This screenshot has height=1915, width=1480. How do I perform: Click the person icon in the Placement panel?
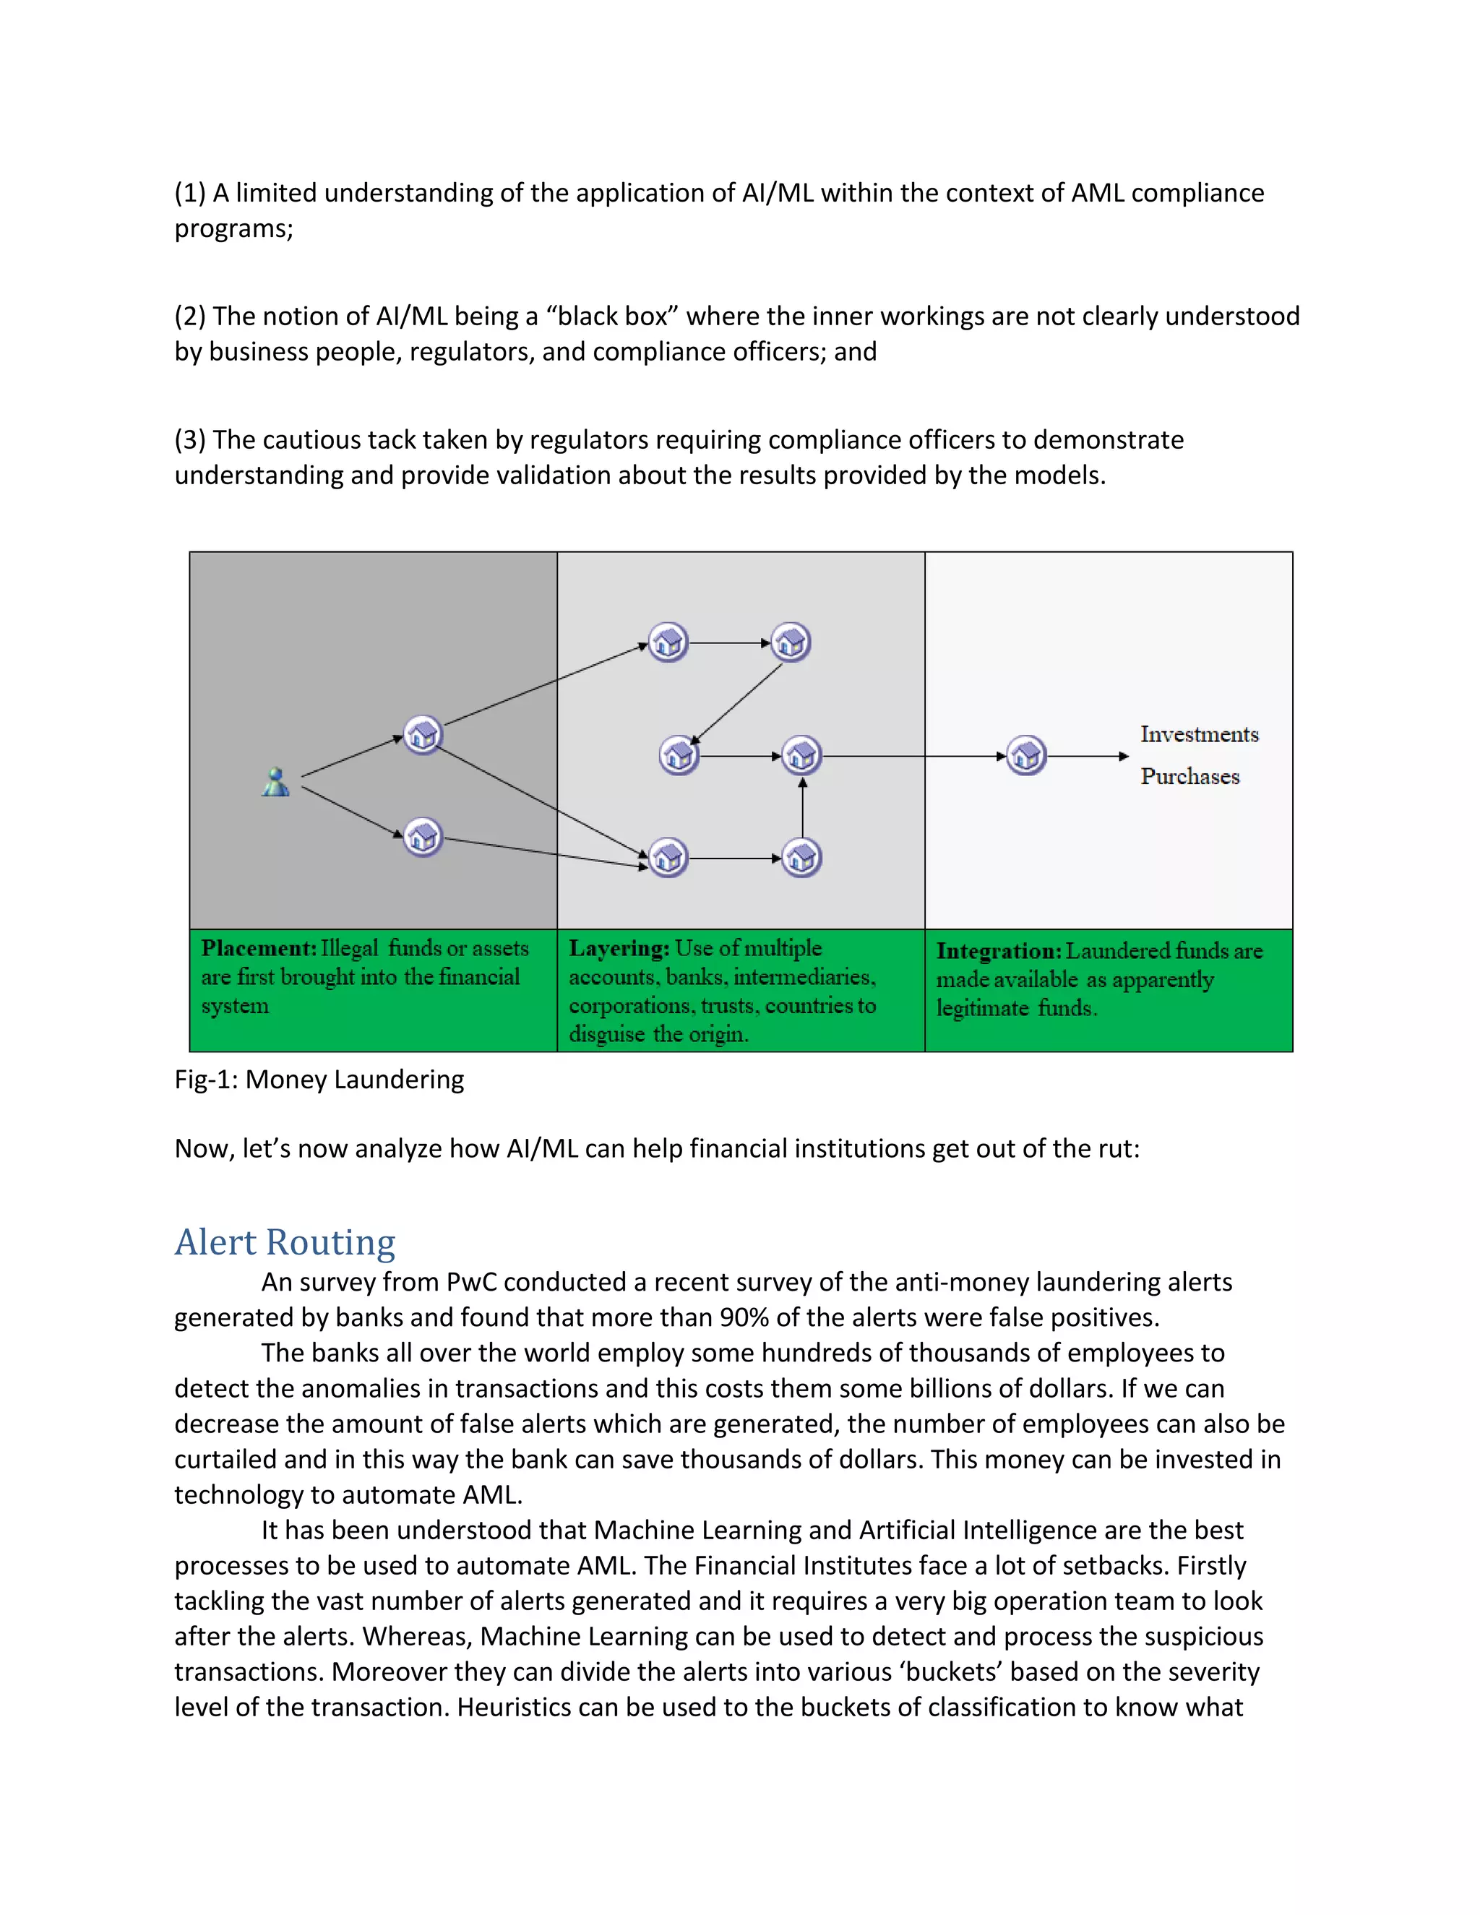(275, 782)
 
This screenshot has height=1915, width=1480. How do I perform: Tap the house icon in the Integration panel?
(1026, 755)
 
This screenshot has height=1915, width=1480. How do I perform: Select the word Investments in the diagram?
(1199, 734)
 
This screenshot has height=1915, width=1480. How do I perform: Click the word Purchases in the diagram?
(1189, 776)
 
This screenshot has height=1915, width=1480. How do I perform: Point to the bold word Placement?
(259, 948)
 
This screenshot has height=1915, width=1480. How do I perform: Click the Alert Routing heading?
(285, 1242)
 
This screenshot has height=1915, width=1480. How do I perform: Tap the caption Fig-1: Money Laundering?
(319, 1080)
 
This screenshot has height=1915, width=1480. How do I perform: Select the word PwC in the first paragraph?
(471, 1282)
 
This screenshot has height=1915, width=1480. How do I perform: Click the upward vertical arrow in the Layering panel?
(802, 806)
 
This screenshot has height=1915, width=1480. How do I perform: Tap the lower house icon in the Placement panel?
(423, 838)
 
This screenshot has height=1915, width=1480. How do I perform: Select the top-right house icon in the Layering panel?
(791, 642)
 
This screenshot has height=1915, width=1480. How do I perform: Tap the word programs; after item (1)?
(233, 229)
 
